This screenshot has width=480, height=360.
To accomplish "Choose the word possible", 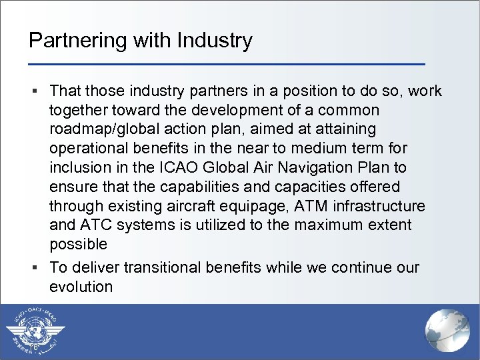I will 78,245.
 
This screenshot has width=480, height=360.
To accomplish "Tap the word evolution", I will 81,287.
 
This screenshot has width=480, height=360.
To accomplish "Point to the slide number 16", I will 33,347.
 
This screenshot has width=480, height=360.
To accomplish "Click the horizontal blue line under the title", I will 227,64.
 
